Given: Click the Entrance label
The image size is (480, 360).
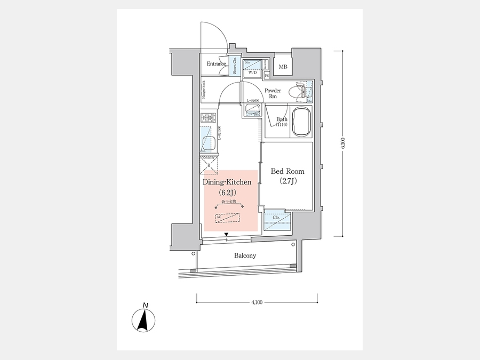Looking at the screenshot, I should pyautogui.click(x=217, y=64).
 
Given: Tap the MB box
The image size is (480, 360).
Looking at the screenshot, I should pyautogui.click(x=284, y=67).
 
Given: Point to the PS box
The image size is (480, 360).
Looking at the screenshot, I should pyautogui.click(x=267, y=76).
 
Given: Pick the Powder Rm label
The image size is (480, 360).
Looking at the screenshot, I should pyautogui.click(x=273, y=94).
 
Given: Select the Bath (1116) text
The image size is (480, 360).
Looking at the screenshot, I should pyautogui.click(x=282, y=122).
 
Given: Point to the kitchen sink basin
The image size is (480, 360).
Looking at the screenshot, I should pyautogui.click(x=209, y=143).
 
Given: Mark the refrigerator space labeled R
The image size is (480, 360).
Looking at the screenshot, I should pyautogui.click(x=209, y=166).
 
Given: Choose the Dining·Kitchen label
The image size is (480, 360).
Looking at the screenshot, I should pyautogui.click(x=227, y=182).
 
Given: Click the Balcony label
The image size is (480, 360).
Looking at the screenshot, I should pyautogui.click(x=245, y=255).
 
